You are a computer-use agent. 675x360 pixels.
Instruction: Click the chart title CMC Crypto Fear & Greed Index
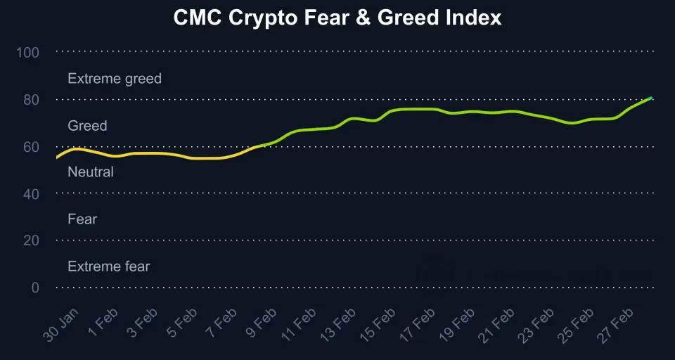(x=337, y=18)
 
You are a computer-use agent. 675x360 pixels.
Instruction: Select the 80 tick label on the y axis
(x=31, y=99)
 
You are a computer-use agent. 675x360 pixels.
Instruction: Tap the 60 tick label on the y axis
(x=31, y=146)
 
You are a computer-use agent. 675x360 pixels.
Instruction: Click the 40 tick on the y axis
(x=31, y=193)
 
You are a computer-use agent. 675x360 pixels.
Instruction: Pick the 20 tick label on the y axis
(x=31, y=240)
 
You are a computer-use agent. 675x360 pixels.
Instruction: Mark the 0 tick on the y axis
(x=34, y=288)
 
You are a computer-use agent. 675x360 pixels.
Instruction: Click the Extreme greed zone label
(x=115, y=79)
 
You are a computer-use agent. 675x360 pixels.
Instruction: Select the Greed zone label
(x=87, y=126)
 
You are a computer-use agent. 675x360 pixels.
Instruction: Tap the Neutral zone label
(x=90, y=172)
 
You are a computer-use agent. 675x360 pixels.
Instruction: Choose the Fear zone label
(x=82, y=219)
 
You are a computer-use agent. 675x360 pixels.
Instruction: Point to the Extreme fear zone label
(x=108, y=266)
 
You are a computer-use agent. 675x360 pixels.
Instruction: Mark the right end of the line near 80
(x=651, y=98)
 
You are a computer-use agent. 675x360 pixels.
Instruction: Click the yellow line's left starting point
(x=57, y=158)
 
